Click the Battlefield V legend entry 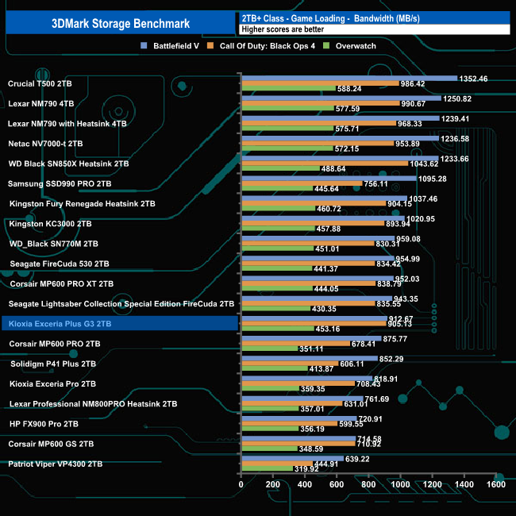pyautogui.click(x=171, y=45)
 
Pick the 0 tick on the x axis pyautogui.click(x=241, y=484)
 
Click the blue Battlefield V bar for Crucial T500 pyautogui.click(x=348, y=78)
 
